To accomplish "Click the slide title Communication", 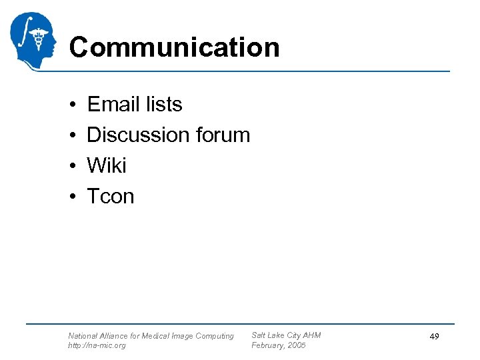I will pos(174,48).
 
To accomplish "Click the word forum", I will pos(223,135).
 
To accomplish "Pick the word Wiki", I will pos(107,165).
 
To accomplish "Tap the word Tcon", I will pos(111,196).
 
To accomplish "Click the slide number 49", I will pos(434,337).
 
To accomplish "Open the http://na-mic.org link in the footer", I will pos(97,346).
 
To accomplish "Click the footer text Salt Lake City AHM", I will pos(286,335).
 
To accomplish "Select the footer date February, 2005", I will pos(278,346).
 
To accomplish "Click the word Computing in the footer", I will pos(215,336).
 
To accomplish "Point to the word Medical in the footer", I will pos(155,336).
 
